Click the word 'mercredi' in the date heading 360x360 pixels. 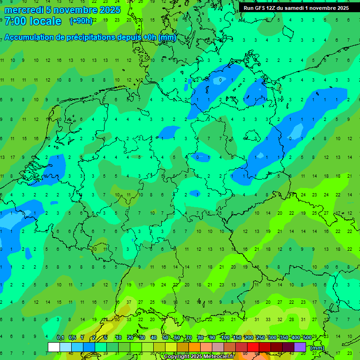(24, 10)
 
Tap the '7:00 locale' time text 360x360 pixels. (33, 21)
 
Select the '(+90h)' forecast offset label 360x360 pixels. (81, 21)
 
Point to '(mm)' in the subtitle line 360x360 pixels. (167, 37)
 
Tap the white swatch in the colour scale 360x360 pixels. (54, 347)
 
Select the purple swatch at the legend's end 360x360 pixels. (300, 347)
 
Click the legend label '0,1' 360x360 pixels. (60, 337)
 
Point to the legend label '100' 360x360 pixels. (225, 337)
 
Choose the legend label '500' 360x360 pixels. (307, 337)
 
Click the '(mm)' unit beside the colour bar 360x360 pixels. (317, 348)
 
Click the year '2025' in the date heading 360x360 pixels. (110, 10)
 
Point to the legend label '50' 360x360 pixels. (165, 337)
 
